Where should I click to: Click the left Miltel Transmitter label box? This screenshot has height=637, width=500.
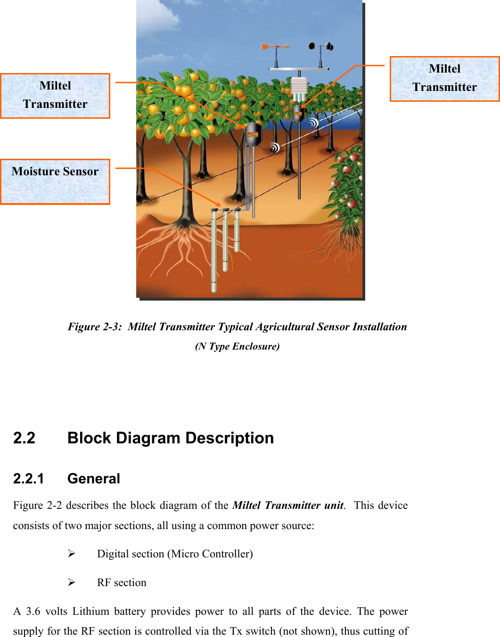[55, 96]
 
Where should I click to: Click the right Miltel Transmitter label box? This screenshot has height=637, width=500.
[444, 79]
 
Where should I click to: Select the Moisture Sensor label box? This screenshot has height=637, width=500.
[55, 181]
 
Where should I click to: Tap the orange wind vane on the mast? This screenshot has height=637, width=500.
[273, 47]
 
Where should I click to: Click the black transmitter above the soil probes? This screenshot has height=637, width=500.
[253, 134]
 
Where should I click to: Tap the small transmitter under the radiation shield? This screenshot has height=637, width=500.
[298, 114]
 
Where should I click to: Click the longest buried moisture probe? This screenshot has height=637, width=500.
[214, 250]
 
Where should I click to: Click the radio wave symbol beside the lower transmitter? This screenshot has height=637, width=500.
[275, 147]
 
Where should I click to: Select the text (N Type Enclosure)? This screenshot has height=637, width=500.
[237, 346]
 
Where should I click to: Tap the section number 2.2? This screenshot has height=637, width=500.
[24, 438]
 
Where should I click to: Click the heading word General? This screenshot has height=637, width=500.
[94, 479]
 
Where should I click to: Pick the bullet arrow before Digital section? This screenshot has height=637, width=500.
[72, 554]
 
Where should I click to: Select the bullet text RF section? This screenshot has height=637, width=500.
[122, 583]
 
